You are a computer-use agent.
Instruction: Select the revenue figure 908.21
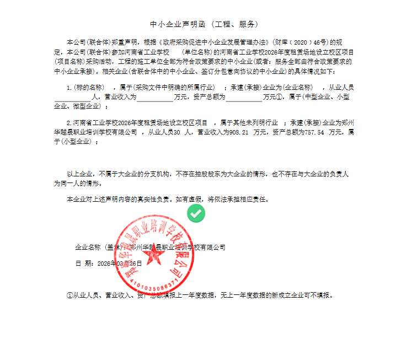[238, 132]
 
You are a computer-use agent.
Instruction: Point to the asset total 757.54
[313, 132]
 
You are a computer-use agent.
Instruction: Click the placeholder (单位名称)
[202, 51]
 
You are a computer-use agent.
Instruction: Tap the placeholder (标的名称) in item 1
[89, 87]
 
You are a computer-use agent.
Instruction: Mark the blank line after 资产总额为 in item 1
[244, 97]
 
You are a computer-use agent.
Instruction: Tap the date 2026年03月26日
[120, 264]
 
